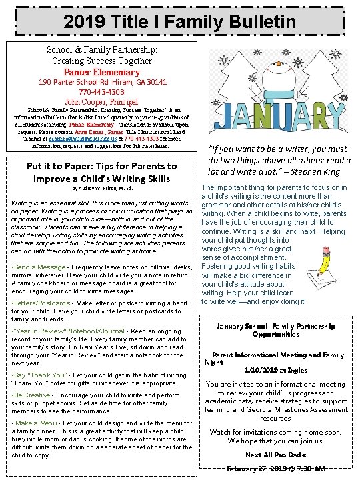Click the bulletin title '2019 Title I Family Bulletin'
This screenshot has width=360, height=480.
click(x=179, y=22)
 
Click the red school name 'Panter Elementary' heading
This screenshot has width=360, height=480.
click(x=102, y=72)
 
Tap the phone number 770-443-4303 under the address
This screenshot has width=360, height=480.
click(x=103, y=92)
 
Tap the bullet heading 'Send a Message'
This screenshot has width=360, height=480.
click(x=41, y=267)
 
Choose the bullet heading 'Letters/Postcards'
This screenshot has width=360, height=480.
click(x=45, y=303)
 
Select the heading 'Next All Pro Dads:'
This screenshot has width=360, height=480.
click(x=275, y=455)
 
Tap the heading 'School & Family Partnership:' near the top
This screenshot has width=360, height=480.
click(x=102, y=49)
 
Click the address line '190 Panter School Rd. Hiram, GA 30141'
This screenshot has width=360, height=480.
click(x=102, y=82)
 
